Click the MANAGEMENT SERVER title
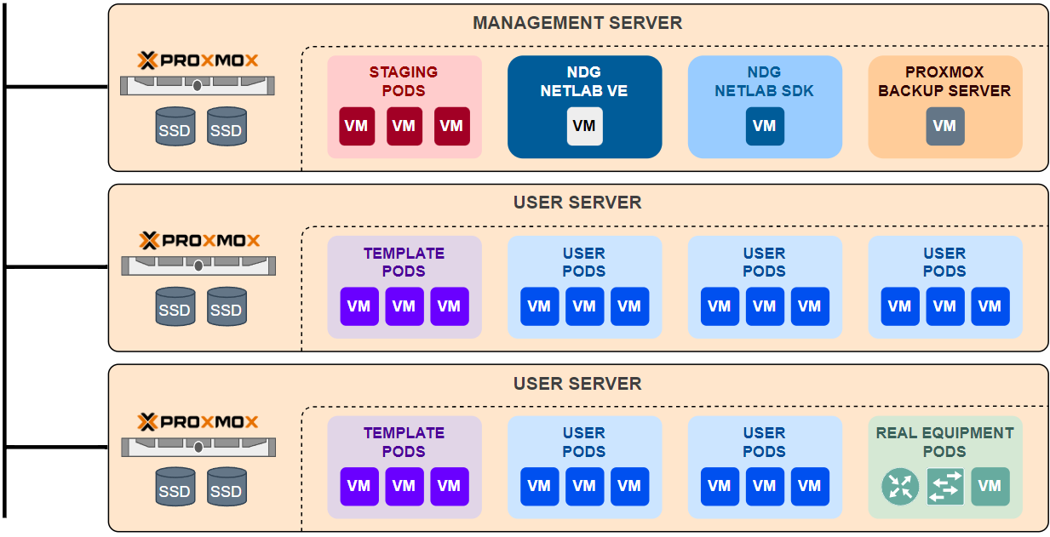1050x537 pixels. click(577, 23)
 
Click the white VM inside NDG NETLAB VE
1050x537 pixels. click(584, 126)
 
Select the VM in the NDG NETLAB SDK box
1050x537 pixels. click(764, 126)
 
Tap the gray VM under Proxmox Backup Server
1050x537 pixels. click(944, 126)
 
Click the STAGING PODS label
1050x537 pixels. click(404, 82)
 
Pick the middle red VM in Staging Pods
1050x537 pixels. click(404, 126)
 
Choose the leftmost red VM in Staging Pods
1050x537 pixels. click(357, 126)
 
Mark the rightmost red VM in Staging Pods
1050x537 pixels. click(451, 126)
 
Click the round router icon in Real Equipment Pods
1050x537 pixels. click(899, 487)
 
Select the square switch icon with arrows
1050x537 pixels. click(945, 487)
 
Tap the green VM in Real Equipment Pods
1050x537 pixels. click(990, 487)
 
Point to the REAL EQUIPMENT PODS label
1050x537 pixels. click(944, 442)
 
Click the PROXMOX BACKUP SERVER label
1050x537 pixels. click(944, 82)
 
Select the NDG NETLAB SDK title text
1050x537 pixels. click(764, 82)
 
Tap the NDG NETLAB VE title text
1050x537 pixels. click(584, 82)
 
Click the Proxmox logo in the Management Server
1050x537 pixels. click(198, 60)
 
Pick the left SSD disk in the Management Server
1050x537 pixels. click(175, 127)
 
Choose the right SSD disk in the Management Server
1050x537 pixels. click(226, 127)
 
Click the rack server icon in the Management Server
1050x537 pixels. click(198, 85)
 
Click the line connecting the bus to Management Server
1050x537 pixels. click(56, 86)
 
